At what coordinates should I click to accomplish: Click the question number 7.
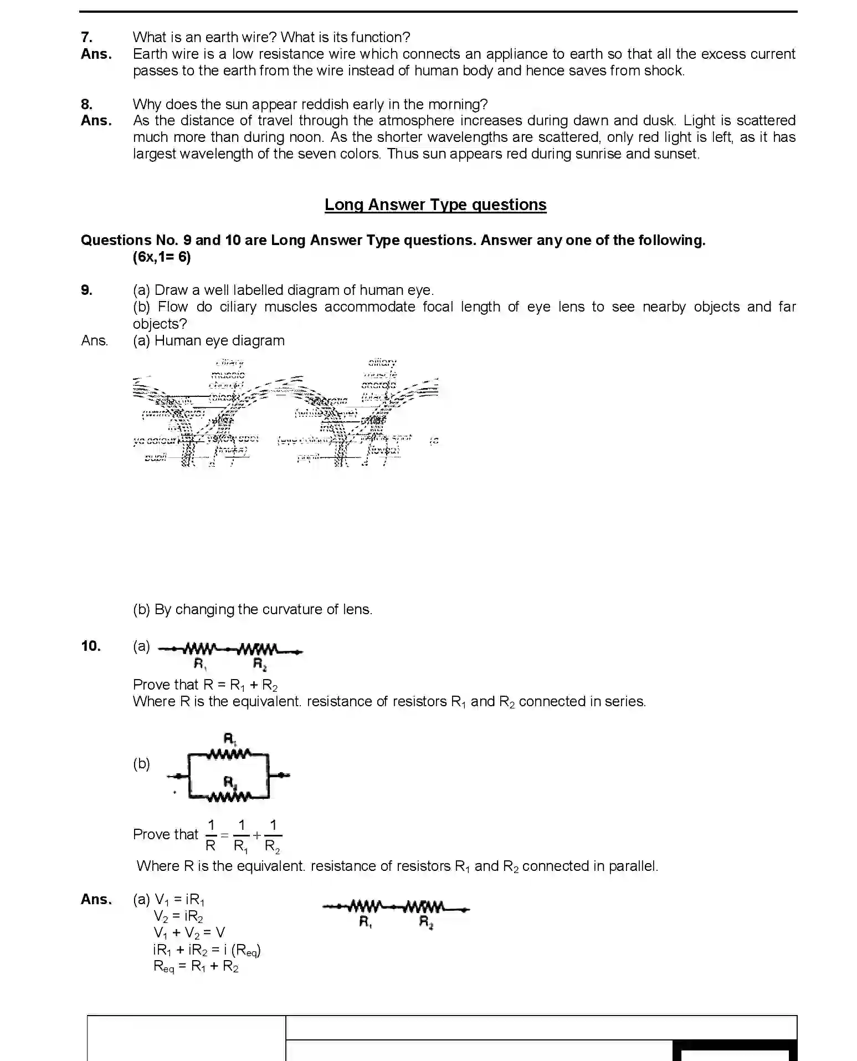tap(86, 37)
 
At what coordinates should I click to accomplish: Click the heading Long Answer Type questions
tap(435, 205)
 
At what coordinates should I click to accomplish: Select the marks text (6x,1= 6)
tap(162, 257)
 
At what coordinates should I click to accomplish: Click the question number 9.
tap(86, 290)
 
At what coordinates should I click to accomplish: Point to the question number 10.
tap(91, 646)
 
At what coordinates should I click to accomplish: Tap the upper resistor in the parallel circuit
tap(229, 754)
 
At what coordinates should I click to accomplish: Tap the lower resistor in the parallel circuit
tap(229, 797)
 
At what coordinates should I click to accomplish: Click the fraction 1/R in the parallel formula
tap(211, 835)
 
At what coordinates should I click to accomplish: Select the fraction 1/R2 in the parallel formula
tap(273, 835)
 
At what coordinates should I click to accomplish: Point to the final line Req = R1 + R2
tap(196, 967)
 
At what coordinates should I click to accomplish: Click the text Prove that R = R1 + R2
tap(205, 685)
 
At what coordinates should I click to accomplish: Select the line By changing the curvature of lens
tap(253, 609)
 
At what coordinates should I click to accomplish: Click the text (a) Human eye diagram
tap(209, 340)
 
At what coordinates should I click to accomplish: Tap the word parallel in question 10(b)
tap(632, 866)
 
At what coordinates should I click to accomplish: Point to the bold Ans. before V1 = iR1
tap(96, 899)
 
